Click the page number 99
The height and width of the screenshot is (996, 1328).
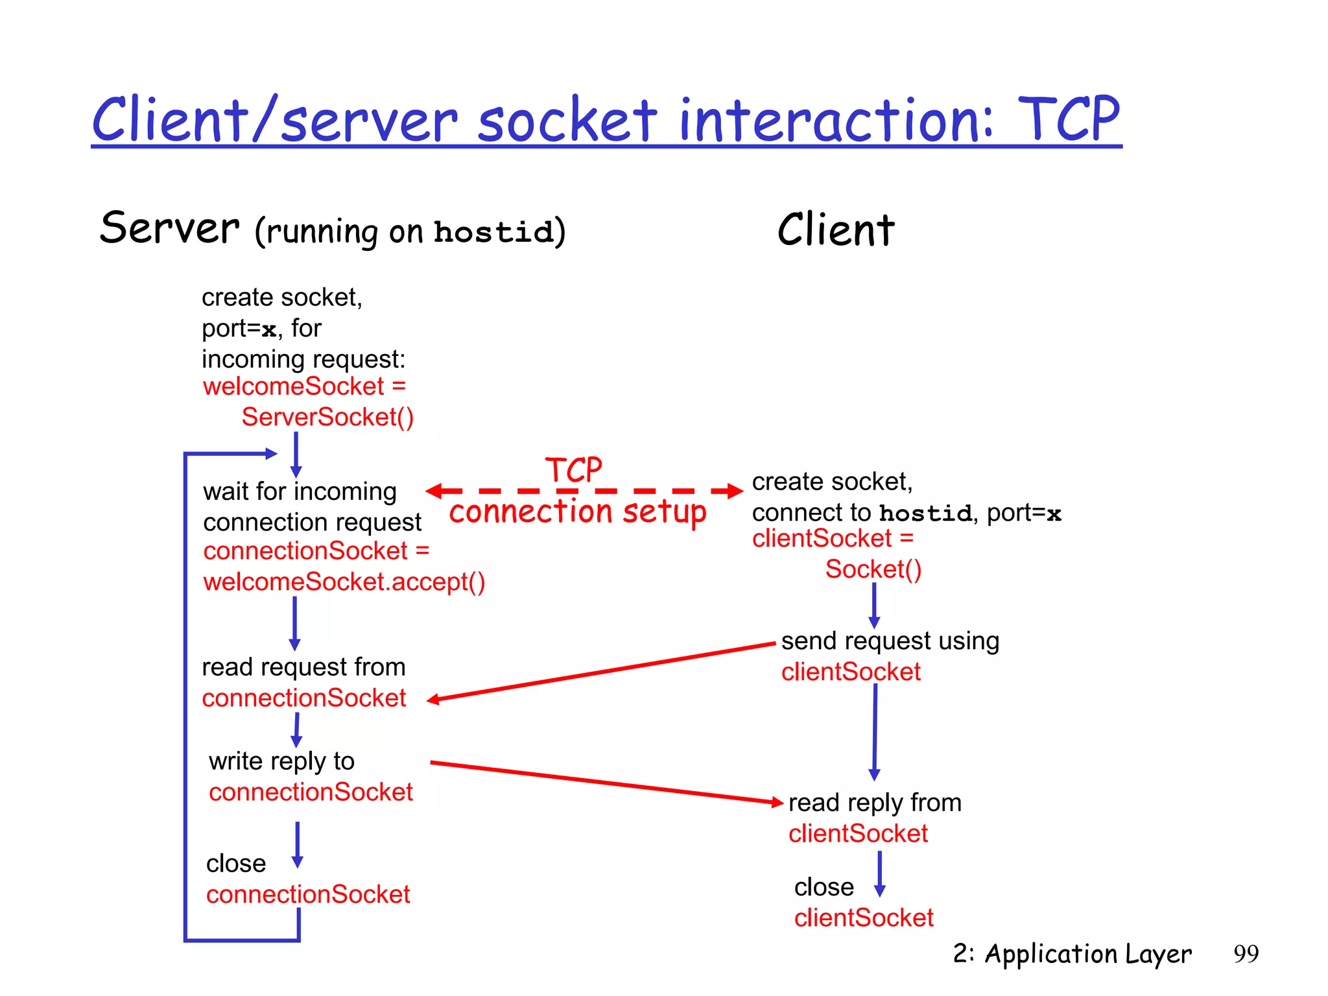(1246, 954)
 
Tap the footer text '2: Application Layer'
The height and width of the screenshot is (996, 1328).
(1072, 954)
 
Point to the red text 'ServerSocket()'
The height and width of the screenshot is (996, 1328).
(327, 417)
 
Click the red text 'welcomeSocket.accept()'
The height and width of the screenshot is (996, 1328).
(344, 582)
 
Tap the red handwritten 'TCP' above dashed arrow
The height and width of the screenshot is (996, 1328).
(574, 469)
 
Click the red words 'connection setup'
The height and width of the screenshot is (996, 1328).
(577, 512)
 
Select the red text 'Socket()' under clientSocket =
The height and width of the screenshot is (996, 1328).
(873, 569)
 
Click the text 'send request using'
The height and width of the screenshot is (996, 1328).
(890, 641)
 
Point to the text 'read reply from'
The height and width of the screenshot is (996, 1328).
(874, 803)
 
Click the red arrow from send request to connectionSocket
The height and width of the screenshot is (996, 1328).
(603, 672)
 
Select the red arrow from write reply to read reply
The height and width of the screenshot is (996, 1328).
(606, 783)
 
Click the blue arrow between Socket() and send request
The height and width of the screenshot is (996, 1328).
(874, 605)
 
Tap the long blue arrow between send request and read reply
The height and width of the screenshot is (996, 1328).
(875, 733)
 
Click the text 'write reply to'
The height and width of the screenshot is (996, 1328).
(281, 761)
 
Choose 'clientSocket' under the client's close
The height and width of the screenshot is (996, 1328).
(863, 918)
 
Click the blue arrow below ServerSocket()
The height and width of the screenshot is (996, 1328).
(296, 454)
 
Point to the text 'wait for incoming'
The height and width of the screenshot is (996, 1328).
(299, 492)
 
